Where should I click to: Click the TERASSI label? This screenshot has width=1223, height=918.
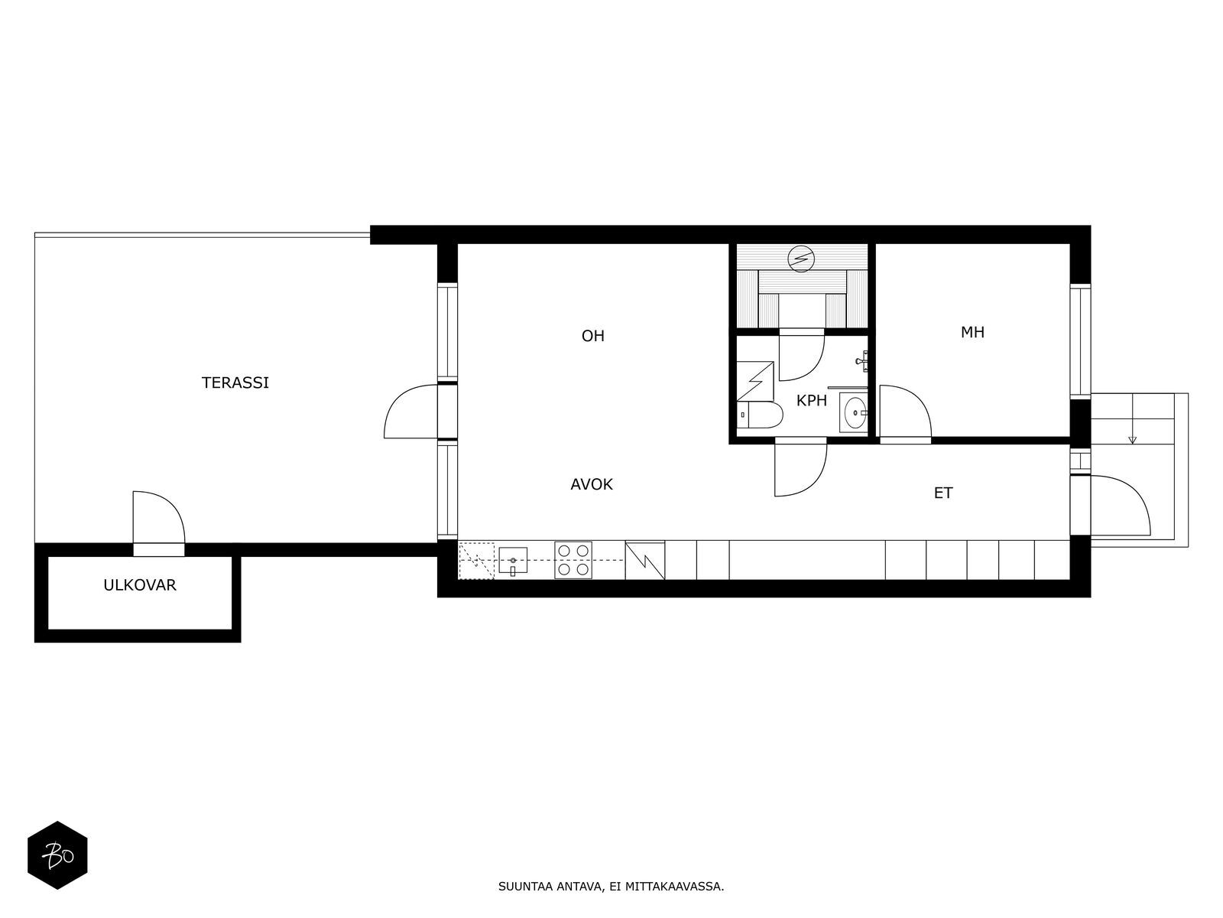coord(235,383)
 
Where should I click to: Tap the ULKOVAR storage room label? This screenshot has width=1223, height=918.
coord(140,585)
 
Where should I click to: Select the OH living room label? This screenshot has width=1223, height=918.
coord(593,336)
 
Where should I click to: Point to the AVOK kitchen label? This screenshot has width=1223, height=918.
coord(591,485)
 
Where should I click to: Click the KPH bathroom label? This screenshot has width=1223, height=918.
coord(811,401)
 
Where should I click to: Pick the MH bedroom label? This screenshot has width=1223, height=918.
coord(972,333)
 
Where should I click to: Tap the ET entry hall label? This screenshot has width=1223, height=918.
coord(943,493)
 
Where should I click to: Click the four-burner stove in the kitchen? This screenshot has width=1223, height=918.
coord(573,560)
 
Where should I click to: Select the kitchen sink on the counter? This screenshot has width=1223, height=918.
coord(513,561)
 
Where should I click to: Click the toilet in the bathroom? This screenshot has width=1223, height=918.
coord(760,415)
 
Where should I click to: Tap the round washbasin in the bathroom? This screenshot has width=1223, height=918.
coord(854,413)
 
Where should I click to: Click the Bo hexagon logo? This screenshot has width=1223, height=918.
coord(57,855)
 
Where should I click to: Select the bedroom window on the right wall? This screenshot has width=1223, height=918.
coord(1080,341)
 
